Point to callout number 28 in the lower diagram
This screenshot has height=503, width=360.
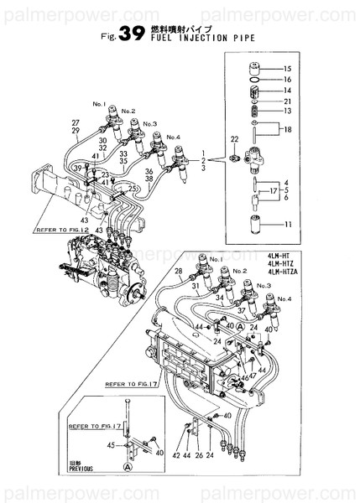[178, 272]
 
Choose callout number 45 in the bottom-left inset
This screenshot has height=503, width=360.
[109, 445]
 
